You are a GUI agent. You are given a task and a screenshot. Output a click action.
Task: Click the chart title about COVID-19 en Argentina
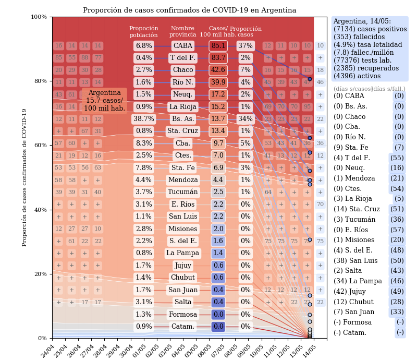[x=189, y=10]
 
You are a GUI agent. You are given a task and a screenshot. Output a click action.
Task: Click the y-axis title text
[x=24, y=177]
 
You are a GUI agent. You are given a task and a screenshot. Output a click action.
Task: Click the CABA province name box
[x=182, y=46]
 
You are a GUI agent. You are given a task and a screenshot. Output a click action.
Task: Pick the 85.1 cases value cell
[x=218, y=46]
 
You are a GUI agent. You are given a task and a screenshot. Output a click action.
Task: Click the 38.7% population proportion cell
[x=144, y=119]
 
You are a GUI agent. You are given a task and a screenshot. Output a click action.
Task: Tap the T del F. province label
[x=182, y=58]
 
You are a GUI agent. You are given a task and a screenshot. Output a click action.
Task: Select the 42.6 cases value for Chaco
[x=218, y=70]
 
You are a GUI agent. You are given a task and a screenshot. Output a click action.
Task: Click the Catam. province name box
[x=182, y=327]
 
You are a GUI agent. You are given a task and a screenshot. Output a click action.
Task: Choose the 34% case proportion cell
[x=246, y=119]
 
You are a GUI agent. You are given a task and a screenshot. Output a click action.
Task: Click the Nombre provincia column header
[x=182, y=32]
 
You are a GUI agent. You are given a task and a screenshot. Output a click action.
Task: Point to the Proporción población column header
[x=144, y=32]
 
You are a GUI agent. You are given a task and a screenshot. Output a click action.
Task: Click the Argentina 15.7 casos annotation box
[x=104, y=101]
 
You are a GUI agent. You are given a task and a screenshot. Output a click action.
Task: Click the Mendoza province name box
[x=182, y=180]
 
